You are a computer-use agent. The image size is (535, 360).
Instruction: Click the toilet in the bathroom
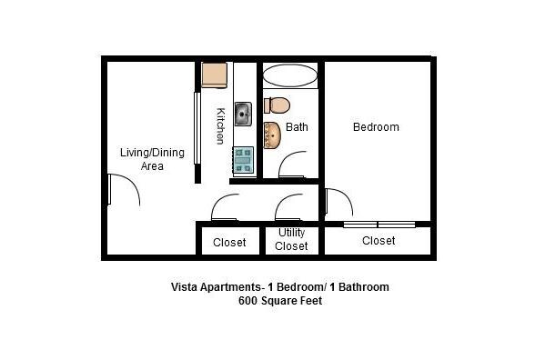coord(275,105)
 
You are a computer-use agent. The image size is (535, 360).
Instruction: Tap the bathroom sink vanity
coord(272,135)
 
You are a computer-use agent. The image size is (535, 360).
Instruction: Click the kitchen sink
coord(244,115)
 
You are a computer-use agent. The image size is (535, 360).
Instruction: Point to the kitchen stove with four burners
coord(244,160)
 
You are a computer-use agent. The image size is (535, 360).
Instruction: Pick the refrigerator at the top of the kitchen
coord(215,75)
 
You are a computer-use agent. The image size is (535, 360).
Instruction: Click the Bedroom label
coord(376,127)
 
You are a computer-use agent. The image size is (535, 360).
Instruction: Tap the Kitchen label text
coord(220,126)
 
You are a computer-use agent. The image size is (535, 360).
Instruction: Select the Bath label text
coord(297,127)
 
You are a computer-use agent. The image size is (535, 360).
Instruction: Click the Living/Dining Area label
coord(152,159)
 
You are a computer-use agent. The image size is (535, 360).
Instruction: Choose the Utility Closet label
coord(291,239)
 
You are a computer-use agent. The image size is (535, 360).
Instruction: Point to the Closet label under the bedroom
coord(379,241)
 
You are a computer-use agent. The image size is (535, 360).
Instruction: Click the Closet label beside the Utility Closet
coord(229,243)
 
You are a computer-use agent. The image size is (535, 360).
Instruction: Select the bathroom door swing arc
coord(293,165)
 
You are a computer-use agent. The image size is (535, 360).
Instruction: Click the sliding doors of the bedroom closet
coord(379,224)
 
